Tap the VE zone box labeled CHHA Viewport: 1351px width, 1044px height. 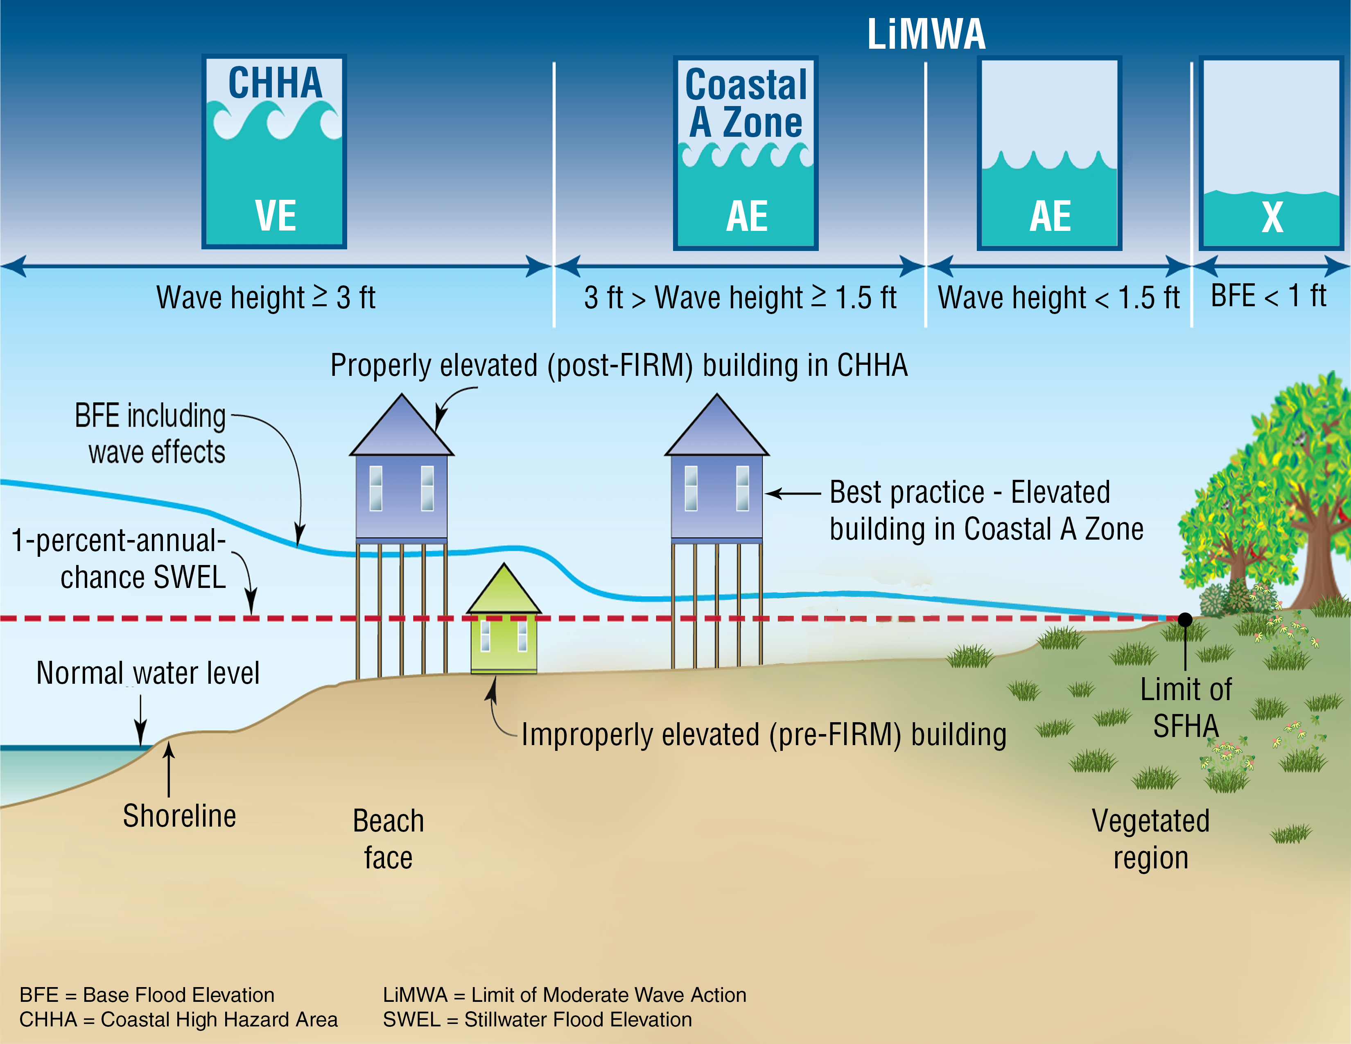pyautogui.click(x=274, y=151)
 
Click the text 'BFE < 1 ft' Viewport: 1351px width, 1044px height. pyautogui.click(x=1268, y=296)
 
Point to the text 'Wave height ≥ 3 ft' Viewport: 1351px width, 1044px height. pyautogui.click(x=266, y=298)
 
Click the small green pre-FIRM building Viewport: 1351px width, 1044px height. pyautogui.click(x=504, y=625)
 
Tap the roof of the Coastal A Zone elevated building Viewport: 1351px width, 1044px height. pyautogui.click(x=716, y=430)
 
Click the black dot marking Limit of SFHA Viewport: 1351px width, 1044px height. pyautogui.click(x=1185, y=619)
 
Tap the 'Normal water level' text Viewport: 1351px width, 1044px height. pyautogui.click(x=148, y=673)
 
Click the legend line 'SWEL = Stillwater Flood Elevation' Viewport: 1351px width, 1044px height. pyautogui.click(x=537, y=1019)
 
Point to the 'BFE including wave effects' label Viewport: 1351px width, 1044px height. pyautogui.click(x=150, y=433)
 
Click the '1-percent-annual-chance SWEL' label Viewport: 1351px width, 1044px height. pyautogui.click(x=119, y=558)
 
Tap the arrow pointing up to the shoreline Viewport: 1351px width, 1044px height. pyautogui.click(x=168, y=770)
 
